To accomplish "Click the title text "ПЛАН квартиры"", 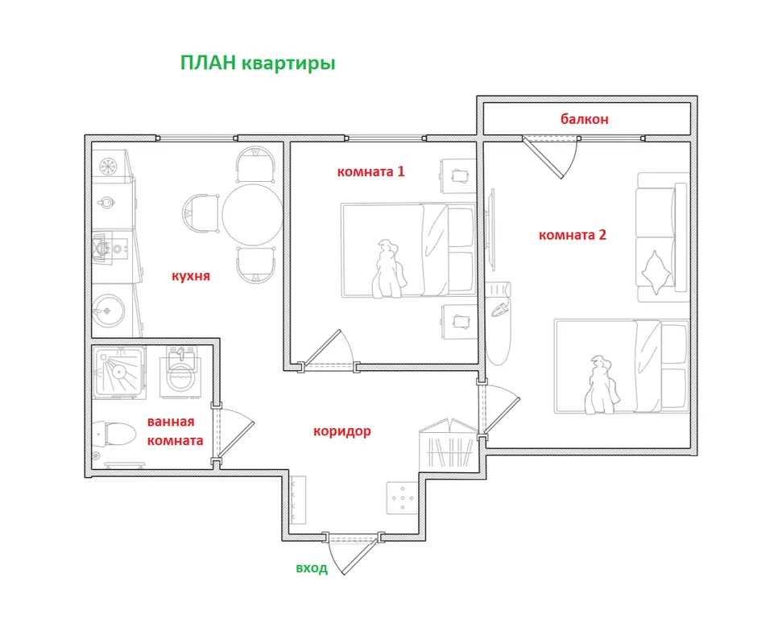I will (x=257, y=64).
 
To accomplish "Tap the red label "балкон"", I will (x=584, y=119).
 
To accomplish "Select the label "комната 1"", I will (x=370, y=171).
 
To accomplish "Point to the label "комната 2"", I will (x=572, y=235).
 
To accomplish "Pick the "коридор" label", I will (x=341, y=431).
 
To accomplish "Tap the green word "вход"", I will (x=311, y=568).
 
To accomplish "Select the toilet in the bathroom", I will (x=112, y=435).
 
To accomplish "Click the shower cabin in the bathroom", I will (x=119, y=372).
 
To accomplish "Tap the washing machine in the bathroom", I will (x=183, y=372).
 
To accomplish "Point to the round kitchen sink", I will (x=108, y=307).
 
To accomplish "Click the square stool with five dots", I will (x=400, y=499).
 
